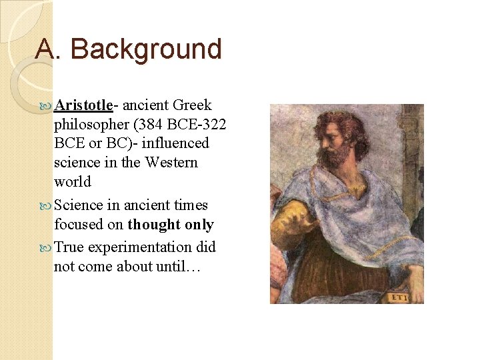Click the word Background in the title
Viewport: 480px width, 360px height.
point(145,49)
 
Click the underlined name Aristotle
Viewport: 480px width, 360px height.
point(84,105)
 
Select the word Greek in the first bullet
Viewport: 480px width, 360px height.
point(192,105)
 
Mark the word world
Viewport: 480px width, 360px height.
point(72,181)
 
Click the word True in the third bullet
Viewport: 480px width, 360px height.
point(69,247)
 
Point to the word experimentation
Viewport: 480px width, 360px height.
point(139,247)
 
